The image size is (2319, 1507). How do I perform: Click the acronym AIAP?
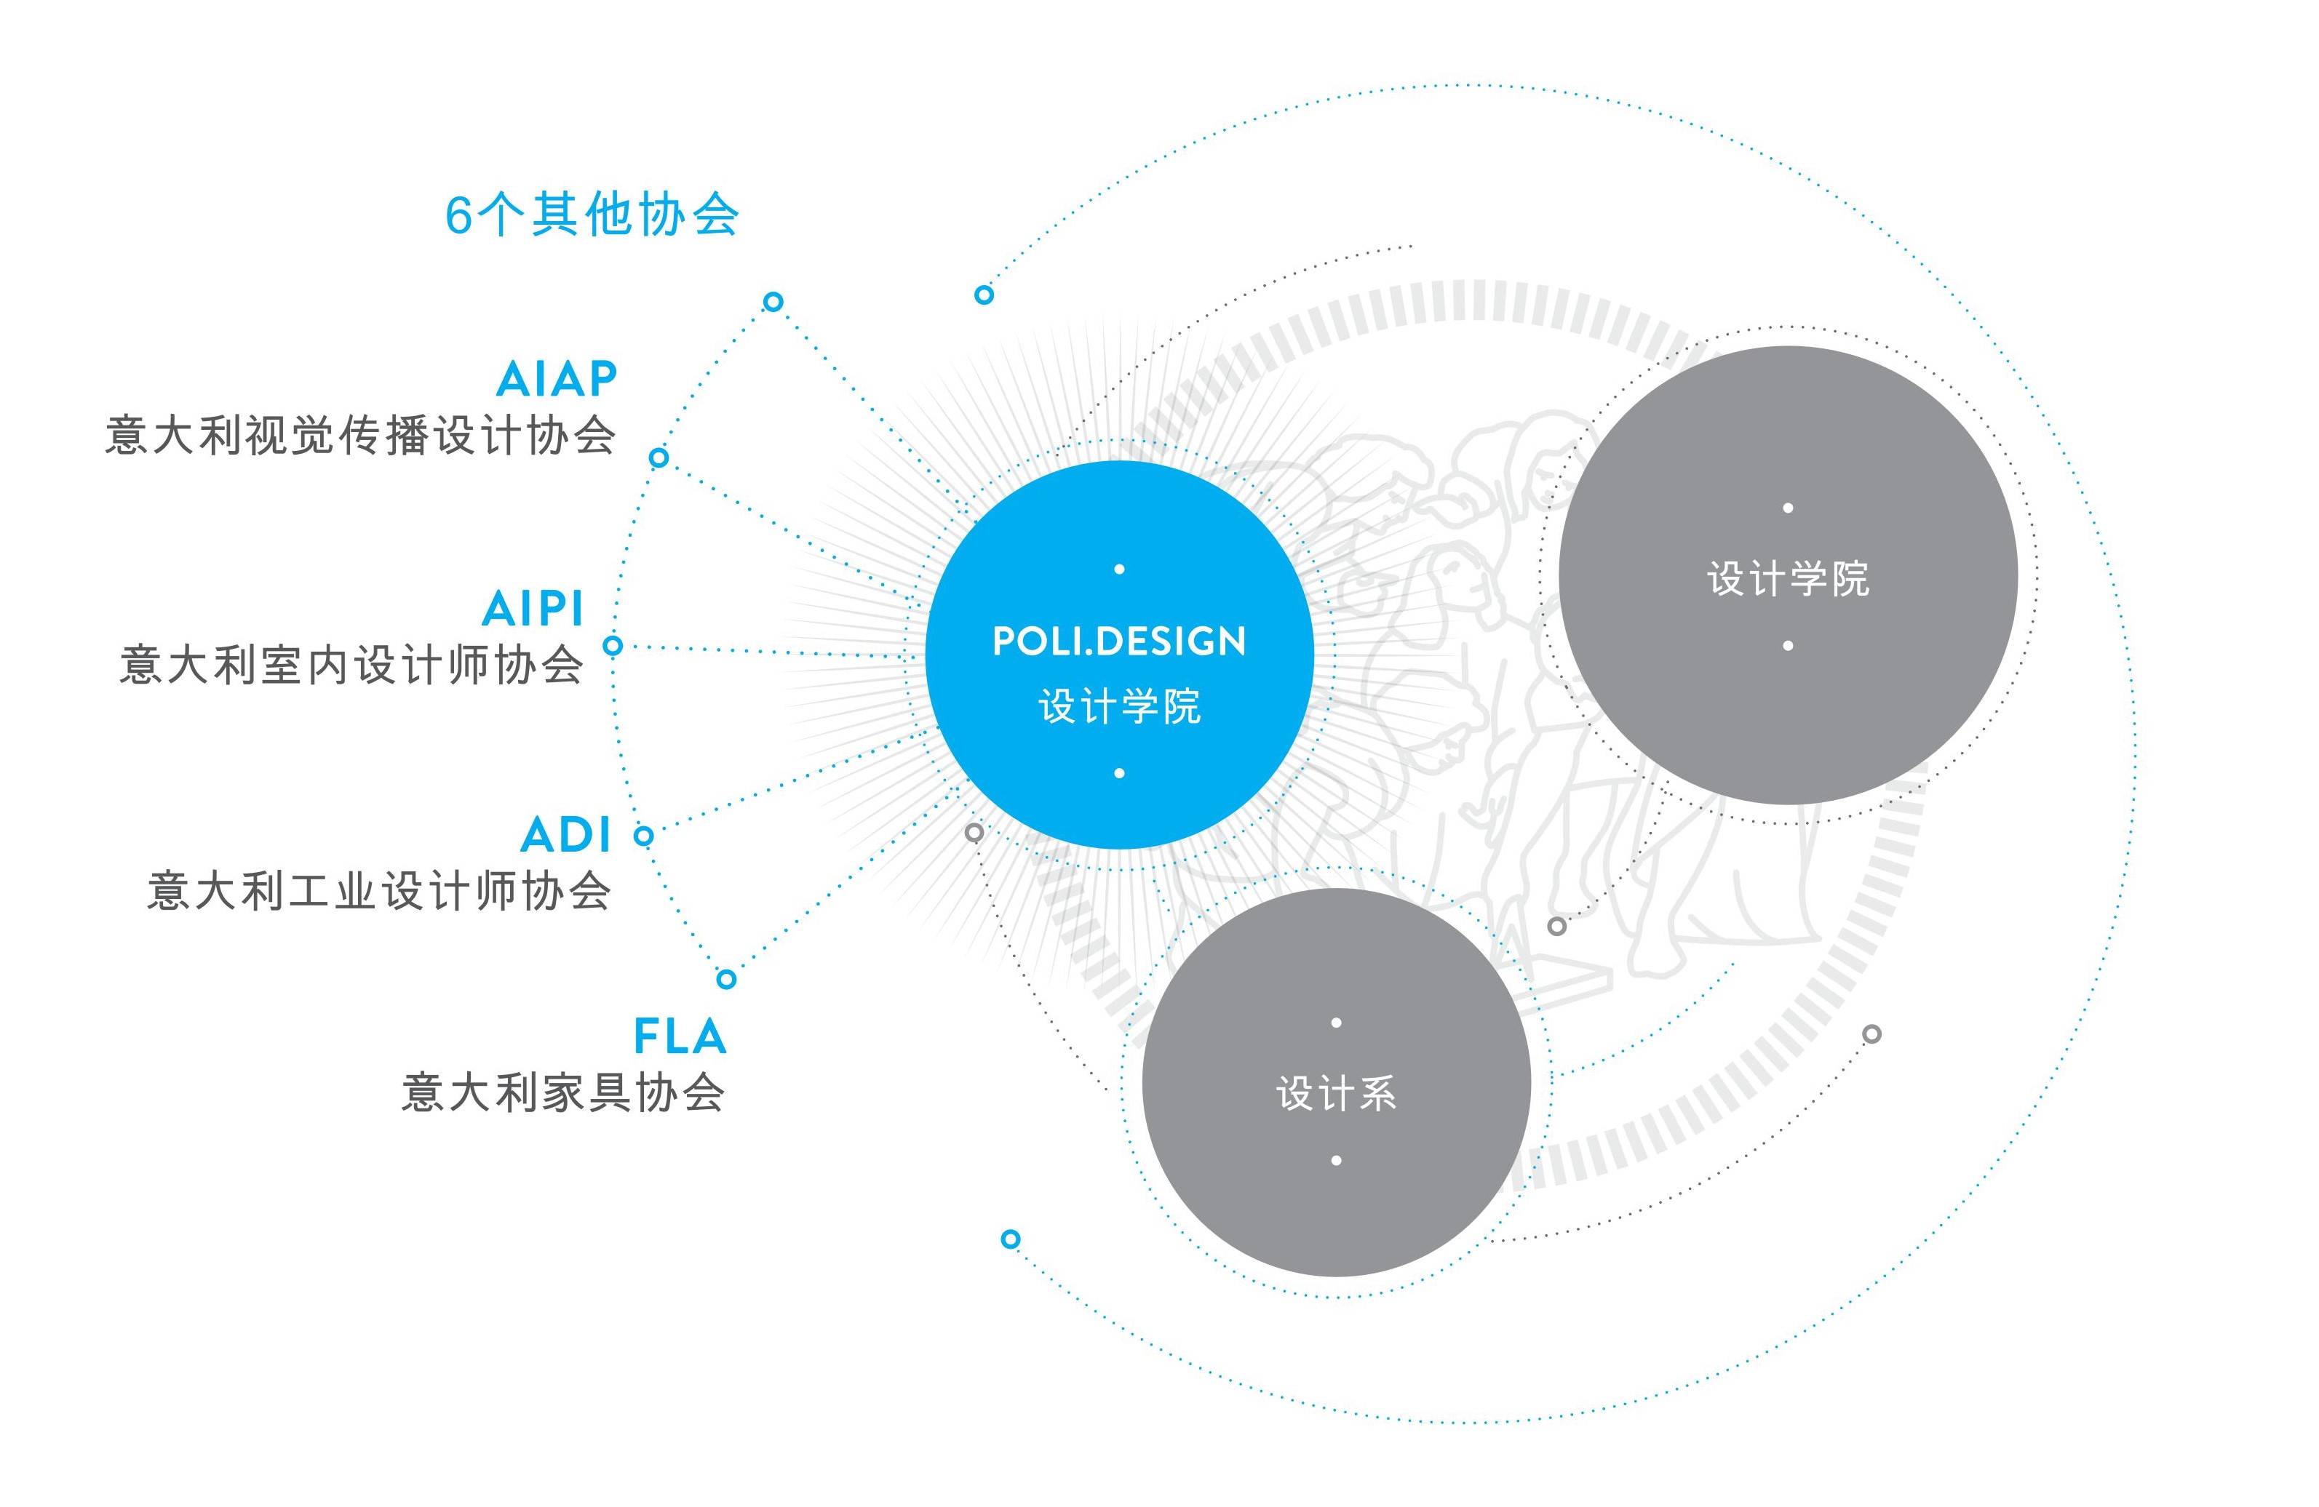557,379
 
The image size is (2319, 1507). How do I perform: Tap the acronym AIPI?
533,609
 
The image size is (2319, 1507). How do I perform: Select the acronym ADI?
566,835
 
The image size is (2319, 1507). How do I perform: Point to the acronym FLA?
680,1036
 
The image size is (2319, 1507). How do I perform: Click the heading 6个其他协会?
592,215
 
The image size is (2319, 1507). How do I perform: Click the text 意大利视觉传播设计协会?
360,434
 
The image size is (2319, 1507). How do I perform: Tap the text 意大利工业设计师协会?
379,890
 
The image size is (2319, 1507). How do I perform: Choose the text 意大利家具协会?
563,1092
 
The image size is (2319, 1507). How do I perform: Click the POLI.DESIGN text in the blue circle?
1118,641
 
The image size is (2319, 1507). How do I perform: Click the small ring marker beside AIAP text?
659,457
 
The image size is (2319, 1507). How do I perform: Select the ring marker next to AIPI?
613,645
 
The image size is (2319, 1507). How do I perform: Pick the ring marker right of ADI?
643,835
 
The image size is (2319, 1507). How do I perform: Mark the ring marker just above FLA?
726,979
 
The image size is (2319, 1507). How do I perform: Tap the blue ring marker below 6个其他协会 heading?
773,301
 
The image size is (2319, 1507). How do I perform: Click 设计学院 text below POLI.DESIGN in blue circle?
1118,706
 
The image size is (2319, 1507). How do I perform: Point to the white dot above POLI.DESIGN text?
1118,569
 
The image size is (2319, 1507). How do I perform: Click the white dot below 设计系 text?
1336,1160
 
